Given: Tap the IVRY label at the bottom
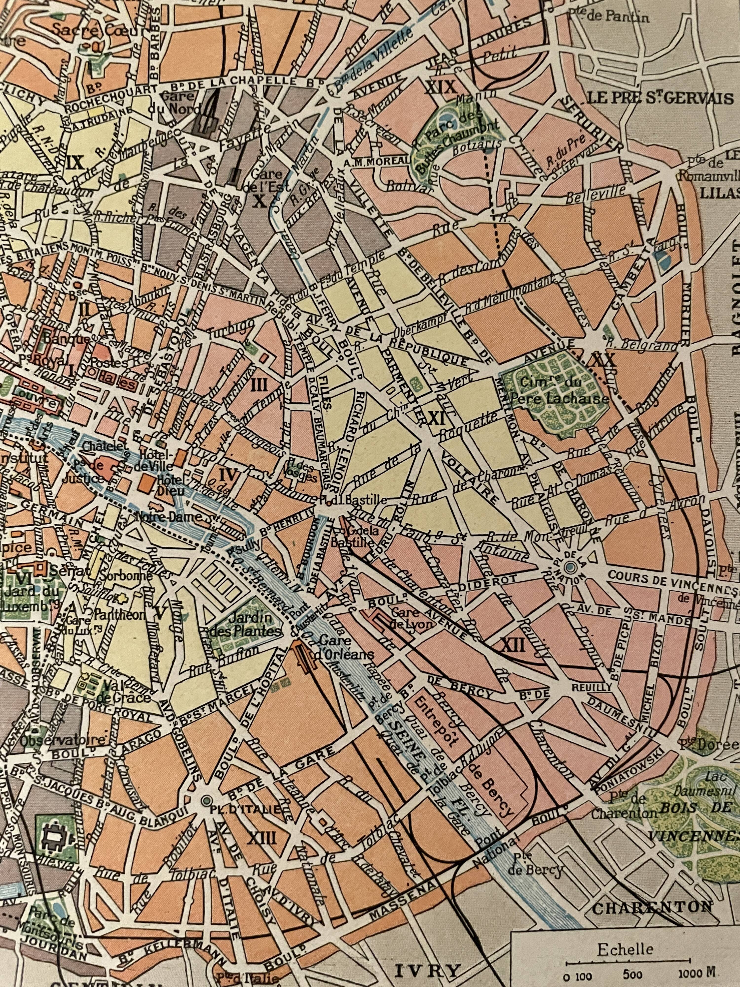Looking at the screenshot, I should click(x=428, y=979).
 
